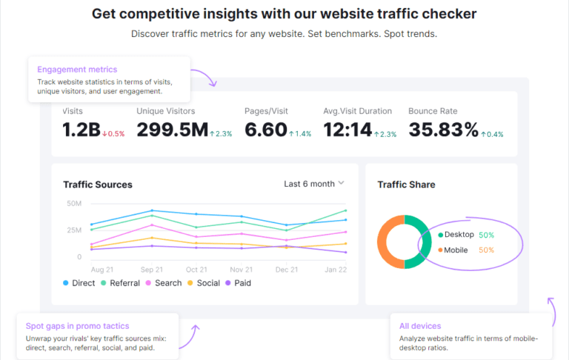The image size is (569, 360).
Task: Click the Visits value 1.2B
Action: coord(81,130)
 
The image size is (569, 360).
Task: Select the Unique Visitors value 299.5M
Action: coord(173,130)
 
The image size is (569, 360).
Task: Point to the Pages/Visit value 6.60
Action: coord(265,130)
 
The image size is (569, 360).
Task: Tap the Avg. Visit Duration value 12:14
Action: coord(347,130)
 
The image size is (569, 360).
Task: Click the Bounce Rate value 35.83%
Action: coord(443,130)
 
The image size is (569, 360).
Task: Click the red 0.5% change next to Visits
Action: coord(114,134)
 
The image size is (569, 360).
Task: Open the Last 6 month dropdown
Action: coord(314,184)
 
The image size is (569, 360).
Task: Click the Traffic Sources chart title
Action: coord(98,184)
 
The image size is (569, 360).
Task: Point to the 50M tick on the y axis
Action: coord(74,204)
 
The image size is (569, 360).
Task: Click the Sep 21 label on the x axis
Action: coord(151,270)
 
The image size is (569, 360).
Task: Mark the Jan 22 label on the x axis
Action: coord(335,270)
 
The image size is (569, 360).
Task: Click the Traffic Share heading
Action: coord(406,184)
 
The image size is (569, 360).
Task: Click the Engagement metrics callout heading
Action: coord(72,70)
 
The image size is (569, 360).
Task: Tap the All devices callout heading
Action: coord(419,326)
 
